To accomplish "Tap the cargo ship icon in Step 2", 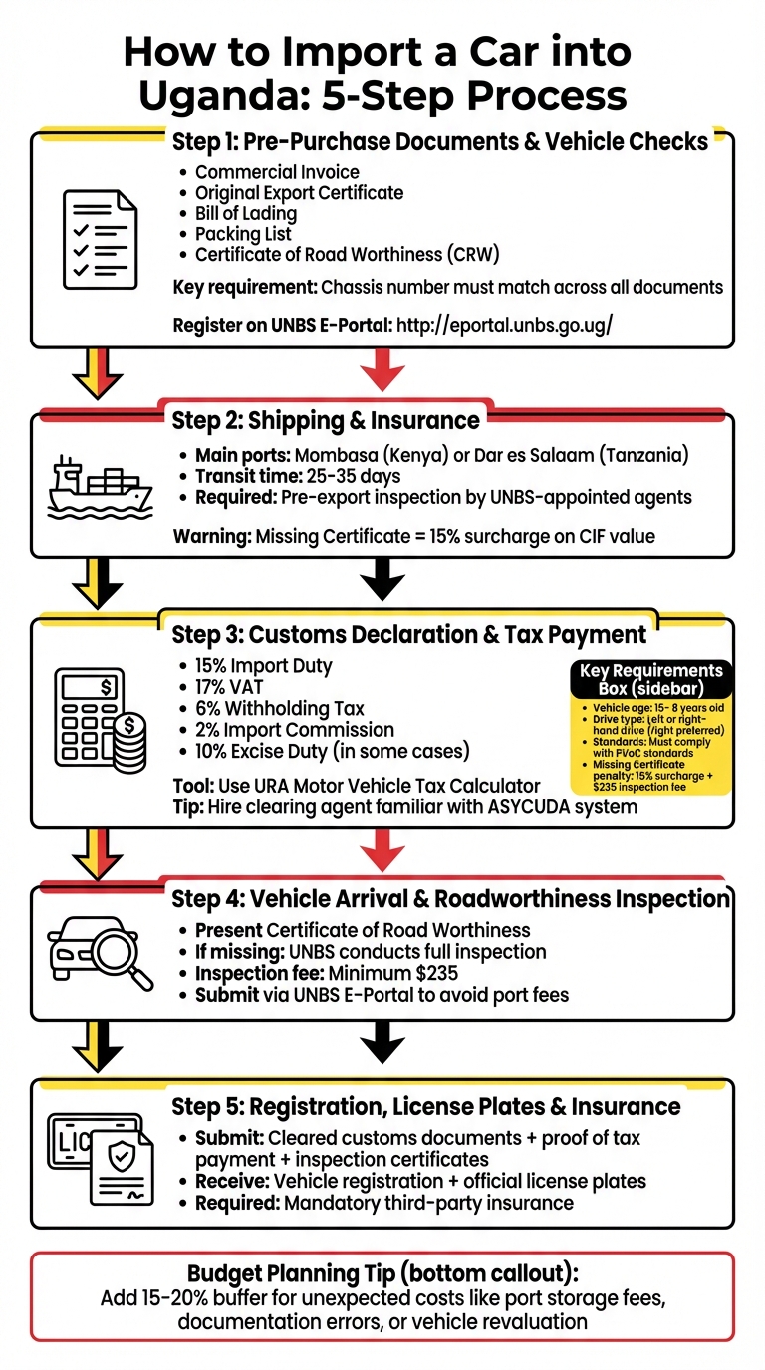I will coord(100,487).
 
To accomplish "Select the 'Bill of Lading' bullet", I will coord(245,213).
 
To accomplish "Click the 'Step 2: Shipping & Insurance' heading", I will coord(326,420).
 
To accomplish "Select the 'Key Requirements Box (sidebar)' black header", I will coord(650,679).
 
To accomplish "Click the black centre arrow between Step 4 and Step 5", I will coord(382,1045).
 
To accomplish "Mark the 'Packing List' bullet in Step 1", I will coord(243,234).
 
